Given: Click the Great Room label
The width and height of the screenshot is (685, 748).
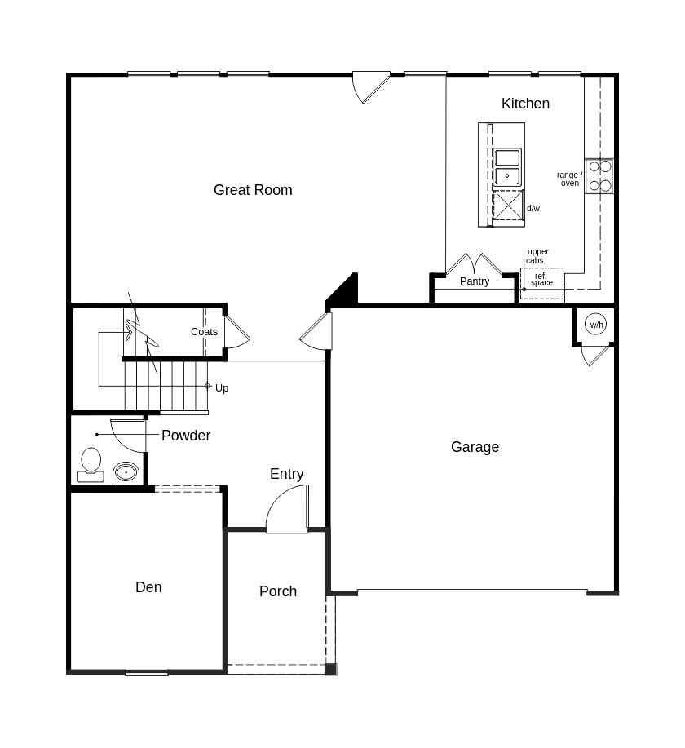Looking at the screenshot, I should click(x=253, y=190).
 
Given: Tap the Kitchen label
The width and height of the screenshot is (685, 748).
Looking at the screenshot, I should click(x=525, y=104).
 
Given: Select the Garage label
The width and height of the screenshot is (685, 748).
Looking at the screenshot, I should click(x=475, y=447).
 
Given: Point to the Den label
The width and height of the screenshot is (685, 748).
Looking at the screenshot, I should click(x=148, y=587).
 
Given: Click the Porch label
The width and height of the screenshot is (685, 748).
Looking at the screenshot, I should click(x=278, y=591).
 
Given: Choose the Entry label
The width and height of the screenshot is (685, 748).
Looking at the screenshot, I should click(x=286, y=474).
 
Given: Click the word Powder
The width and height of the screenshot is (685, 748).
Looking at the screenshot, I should click(x=186, y=436).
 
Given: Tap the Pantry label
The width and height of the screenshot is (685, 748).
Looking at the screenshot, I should click(x=475, y=281).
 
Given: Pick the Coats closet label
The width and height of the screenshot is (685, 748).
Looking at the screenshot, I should click(x=204, y=332).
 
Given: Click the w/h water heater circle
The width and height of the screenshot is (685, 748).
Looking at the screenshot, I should click(x=597, y=325).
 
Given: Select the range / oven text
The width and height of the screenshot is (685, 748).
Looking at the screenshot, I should click(x=569, y=179).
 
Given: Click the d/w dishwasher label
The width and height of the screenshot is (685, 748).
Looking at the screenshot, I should click(x=533, y=209).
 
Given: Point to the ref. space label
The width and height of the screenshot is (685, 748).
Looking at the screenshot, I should click(x=541, y=280).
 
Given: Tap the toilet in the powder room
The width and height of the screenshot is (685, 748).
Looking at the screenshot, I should click(x=91, y=464).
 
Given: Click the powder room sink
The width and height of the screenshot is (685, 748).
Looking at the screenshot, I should click(x=126, y=472).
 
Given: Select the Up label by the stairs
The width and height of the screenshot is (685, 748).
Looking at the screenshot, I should click(x=222, y=388).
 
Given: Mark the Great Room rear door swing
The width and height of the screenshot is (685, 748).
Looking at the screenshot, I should click(x=369, y=86).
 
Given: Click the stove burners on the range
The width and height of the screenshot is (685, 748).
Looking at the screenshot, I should click(x=599, y=175).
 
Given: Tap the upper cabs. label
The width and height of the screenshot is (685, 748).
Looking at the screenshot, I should click(x=537, y=256).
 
